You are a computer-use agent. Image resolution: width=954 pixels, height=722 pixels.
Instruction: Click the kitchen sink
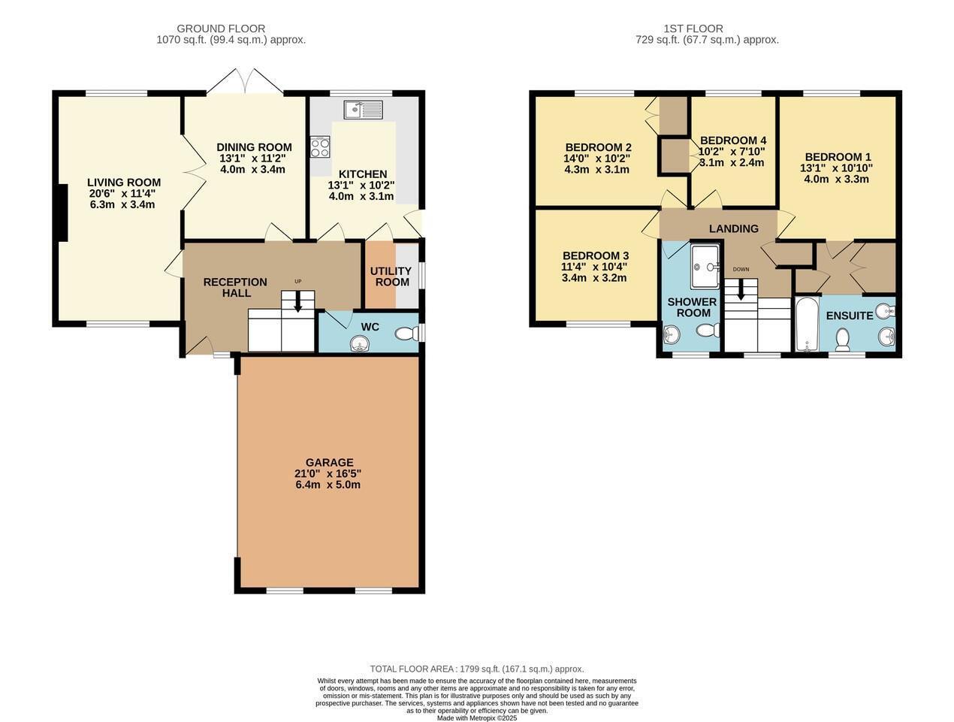364,109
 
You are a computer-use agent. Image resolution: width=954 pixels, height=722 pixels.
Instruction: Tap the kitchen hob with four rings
320,147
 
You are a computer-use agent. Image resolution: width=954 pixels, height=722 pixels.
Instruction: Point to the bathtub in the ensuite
807,323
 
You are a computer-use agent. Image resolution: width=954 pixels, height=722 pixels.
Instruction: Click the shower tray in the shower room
705,267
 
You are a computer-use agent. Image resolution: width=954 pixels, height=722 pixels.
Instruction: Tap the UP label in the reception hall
297,281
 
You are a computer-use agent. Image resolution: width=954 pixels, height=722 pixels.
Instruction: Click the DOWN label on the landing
741,269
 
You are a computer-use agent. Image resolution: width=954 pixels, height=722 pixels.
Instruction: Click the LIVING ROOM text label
124,182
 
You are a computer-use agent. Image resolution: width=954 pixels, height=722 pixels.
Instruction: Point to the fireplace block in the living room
63,213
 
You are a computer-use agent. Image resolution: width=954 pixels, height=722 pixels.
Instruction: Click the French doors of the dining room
245,81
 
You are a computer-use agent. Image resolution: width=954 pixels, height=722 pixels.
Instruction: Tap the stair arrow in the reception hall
297,302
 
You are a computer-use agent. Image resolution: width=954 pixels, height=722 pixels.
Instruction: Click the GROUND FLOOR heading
221,29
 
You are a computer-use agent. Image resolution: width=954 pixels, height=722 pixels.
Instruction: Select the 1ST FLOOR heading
693,29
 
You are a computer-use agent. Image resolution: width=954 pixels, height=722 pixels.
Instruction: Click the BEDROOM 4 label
733,140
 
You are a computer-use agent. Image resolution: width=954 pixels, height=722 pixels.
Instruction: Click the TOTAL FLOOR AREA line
477,669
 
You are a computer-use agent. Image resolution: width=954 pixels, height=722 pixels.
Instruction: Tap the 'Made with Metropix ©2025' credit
477,718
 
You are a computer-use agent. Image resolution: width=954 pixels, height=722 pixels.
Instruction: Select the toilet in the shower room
706,331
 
